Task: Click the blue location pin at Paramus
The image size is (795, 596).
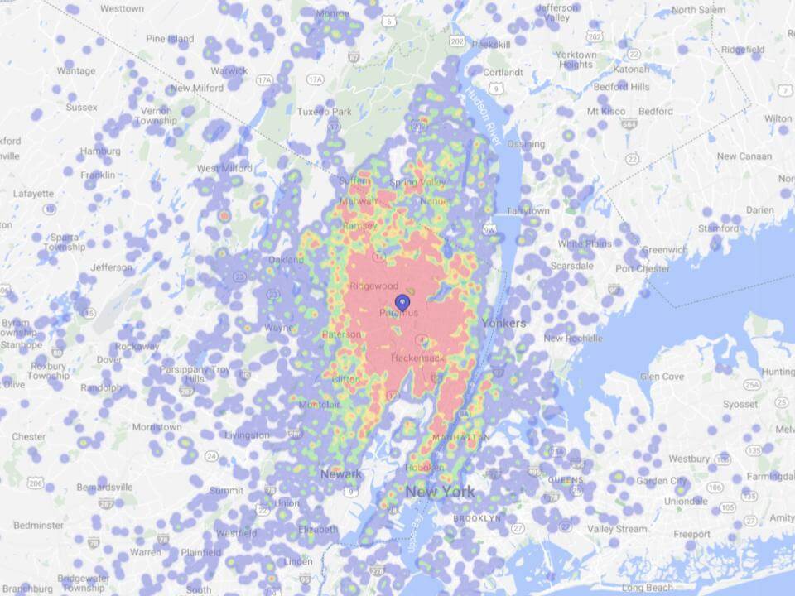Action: tap(402, 303)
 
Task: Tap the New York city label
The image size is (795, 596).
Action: tap(440, 492)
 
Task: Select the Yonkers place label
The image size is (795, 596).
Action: tap(503, 323)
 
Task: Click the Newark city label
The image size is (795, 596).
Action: tap(341, 473)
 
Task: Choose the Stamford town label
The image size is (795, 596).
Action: tap(717, 228)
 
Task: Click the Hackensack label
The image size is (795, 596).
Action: tap(418, 358)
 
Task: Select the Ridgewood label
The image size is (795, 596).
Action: tap(373, 286)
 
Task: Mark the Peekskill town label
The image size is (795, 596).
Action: tap(492, 42)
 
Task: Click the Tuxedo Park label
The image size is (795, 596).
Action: tap(326, 111)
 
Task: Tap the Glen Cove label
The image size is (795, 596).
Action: tap(662, 376)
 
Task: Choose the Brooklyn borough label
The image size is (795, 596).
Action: tap(476, 518)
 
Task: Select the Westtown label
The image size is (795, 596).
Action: tap(122, 8)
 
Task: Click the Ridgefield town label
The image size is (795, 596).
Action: tap(743, 50)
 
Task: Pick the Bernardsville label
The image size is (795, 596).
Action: tap(104, 487)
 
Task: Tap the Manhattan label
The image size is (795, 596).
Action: tap(460, 436)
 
